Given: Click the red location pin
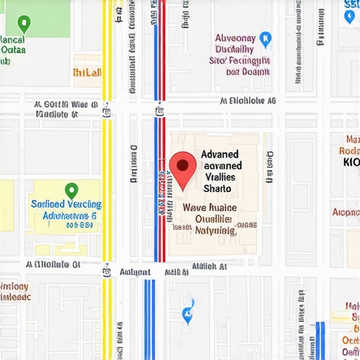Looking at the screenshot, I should click(183, 169).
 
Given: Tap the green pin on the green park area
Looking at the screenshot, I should click(25, 25).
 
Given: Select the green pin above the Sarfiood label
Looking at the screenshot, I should click(70, 190).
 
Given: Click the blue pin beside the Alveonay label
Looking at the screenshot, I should click(265, 39).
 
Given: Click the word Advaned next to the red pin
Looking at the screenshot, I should click(219, 154).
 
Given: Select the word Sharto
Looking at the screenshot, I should click(217, 188).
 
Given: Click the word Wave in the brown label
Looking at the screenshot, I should click(195, 208).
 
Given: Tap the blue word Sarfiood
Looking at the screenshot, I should click(49, 204).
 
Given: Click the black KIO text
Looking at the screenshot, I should click(351, 161).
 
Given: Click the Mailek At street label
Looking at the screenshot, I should click(209, 267).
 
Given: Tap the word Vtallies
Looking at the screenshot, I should click(222, 177).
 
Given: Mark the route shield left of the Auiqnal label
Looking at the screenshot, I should click(106, 271).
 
